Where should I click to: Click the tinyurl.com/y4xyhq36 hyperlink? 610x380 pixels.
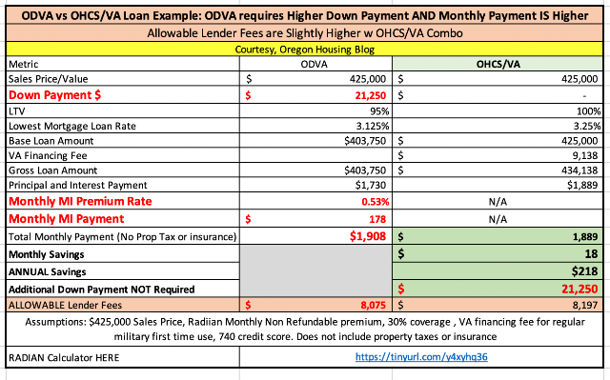pos(421,357)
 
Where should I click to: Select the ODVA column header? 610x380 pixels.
pos(314,64)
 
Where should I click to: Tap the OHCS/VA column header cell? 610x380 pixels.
pos(498,64)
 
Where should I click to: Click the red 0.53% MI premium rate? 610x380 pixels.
pos(375,202)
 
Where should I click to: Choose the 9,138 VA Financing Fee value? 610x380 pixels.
pos(584,155)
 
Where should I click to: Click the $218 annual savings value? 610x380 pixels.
pos(584,271)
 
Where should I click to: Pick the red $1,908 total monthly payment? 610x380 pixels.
pos(368,236)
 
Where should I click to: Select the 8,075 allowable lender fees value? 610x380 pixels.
pos(373,305)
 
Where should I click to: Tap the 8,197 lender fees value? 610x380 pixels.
pos(584,305)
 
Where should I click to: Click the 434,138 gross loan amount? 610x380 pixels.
pos(579,170)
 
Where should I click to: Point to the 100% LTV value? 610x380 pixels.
pos(589,111)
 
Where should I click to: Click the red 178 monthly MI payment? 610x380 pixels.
pos(377,219)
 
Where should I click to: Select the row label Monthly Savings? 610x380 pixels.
pos(47,254)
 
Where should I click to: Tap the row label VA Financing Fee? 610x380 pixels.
pos(48,156)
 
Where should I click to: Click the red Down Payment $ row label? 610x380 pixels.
pos(54,95)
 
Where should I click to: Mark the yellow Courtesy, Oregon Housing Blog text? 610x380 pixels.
pos(305,50)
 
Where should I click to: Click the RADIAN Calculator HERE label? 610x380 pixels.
pos(64,357)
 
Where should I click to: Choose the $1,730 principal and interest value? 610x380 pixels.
pos(371,185)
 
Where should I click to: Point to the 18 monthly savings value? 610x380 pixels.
pos(591,253)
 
